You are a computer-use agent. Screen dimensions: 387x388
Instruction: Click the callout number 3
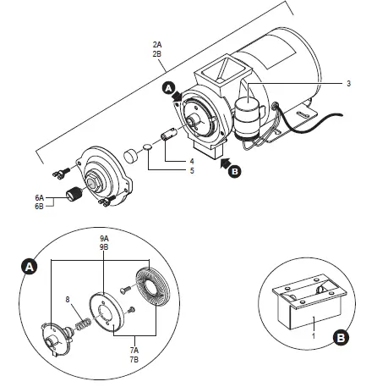(x=347, y=84)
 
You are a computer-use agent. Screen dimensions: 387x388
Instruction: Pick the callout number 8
(x=67, y=298)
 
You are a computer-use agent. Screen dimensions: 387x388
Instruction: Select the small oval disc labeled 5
(x=147, y=147)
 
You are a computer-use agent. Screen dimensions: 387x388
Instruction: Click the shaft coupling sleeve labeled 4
(x=169, y=135)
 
